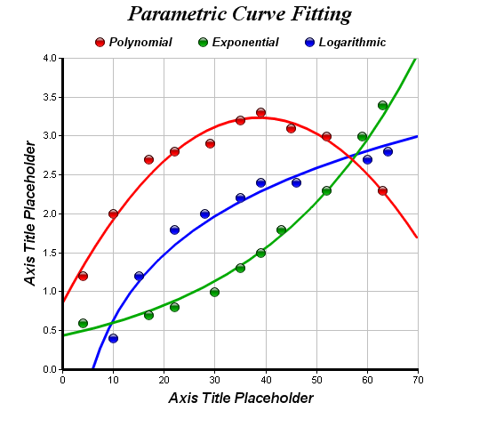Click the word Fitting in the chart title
321,14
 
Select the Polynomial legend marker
100,43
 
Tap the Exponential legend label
245,43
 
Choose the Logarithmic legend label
352,43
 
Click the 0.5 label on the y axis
50,331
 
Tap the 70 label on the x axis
418,380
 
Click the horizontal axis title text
241,399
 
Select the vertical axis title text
30,213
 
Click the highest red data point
260,113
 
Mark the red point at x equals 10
113,213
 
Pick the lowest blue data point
113,338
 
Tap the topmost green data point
382,106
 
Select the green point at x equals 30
214,292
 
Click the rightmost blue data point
388,151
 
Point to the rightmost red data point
382,191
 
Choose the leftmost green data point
83,323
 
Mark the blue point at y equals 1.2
139,277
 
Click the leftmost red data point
83,277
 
